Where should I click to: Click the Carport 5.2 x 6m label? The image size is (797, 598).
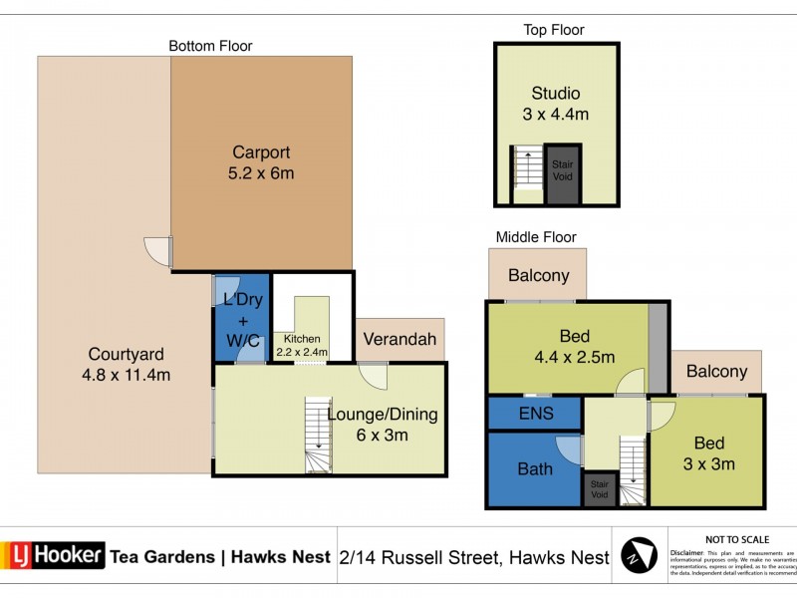(x=262, y=163)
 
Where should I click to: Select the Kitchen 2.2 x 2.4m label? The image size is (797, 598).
(x=300, y=345)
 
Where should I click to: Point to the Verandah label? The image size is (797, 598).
(x=399, y=340)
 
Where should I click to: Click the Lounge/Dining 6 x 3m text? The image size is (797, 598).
(x=382, y=425)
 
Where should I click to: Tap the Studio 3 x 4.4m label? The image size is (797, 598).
(x=555, y=104)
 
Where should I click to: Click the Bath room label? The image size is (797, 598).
(x=534, y=469)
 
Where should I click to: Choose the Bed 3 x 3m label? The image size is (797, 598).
(x=708, y=453)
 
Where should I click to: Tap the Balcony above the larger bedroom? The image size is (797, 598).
(x=538, y=276)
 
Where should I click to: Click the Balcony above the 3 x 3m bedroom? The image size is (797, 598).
(x=716, y=371)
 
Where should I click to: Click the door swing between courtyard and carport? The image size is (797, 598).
(x=157, y=250)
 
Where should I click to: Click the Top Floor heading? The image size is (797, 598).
(x=554, y=30)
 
